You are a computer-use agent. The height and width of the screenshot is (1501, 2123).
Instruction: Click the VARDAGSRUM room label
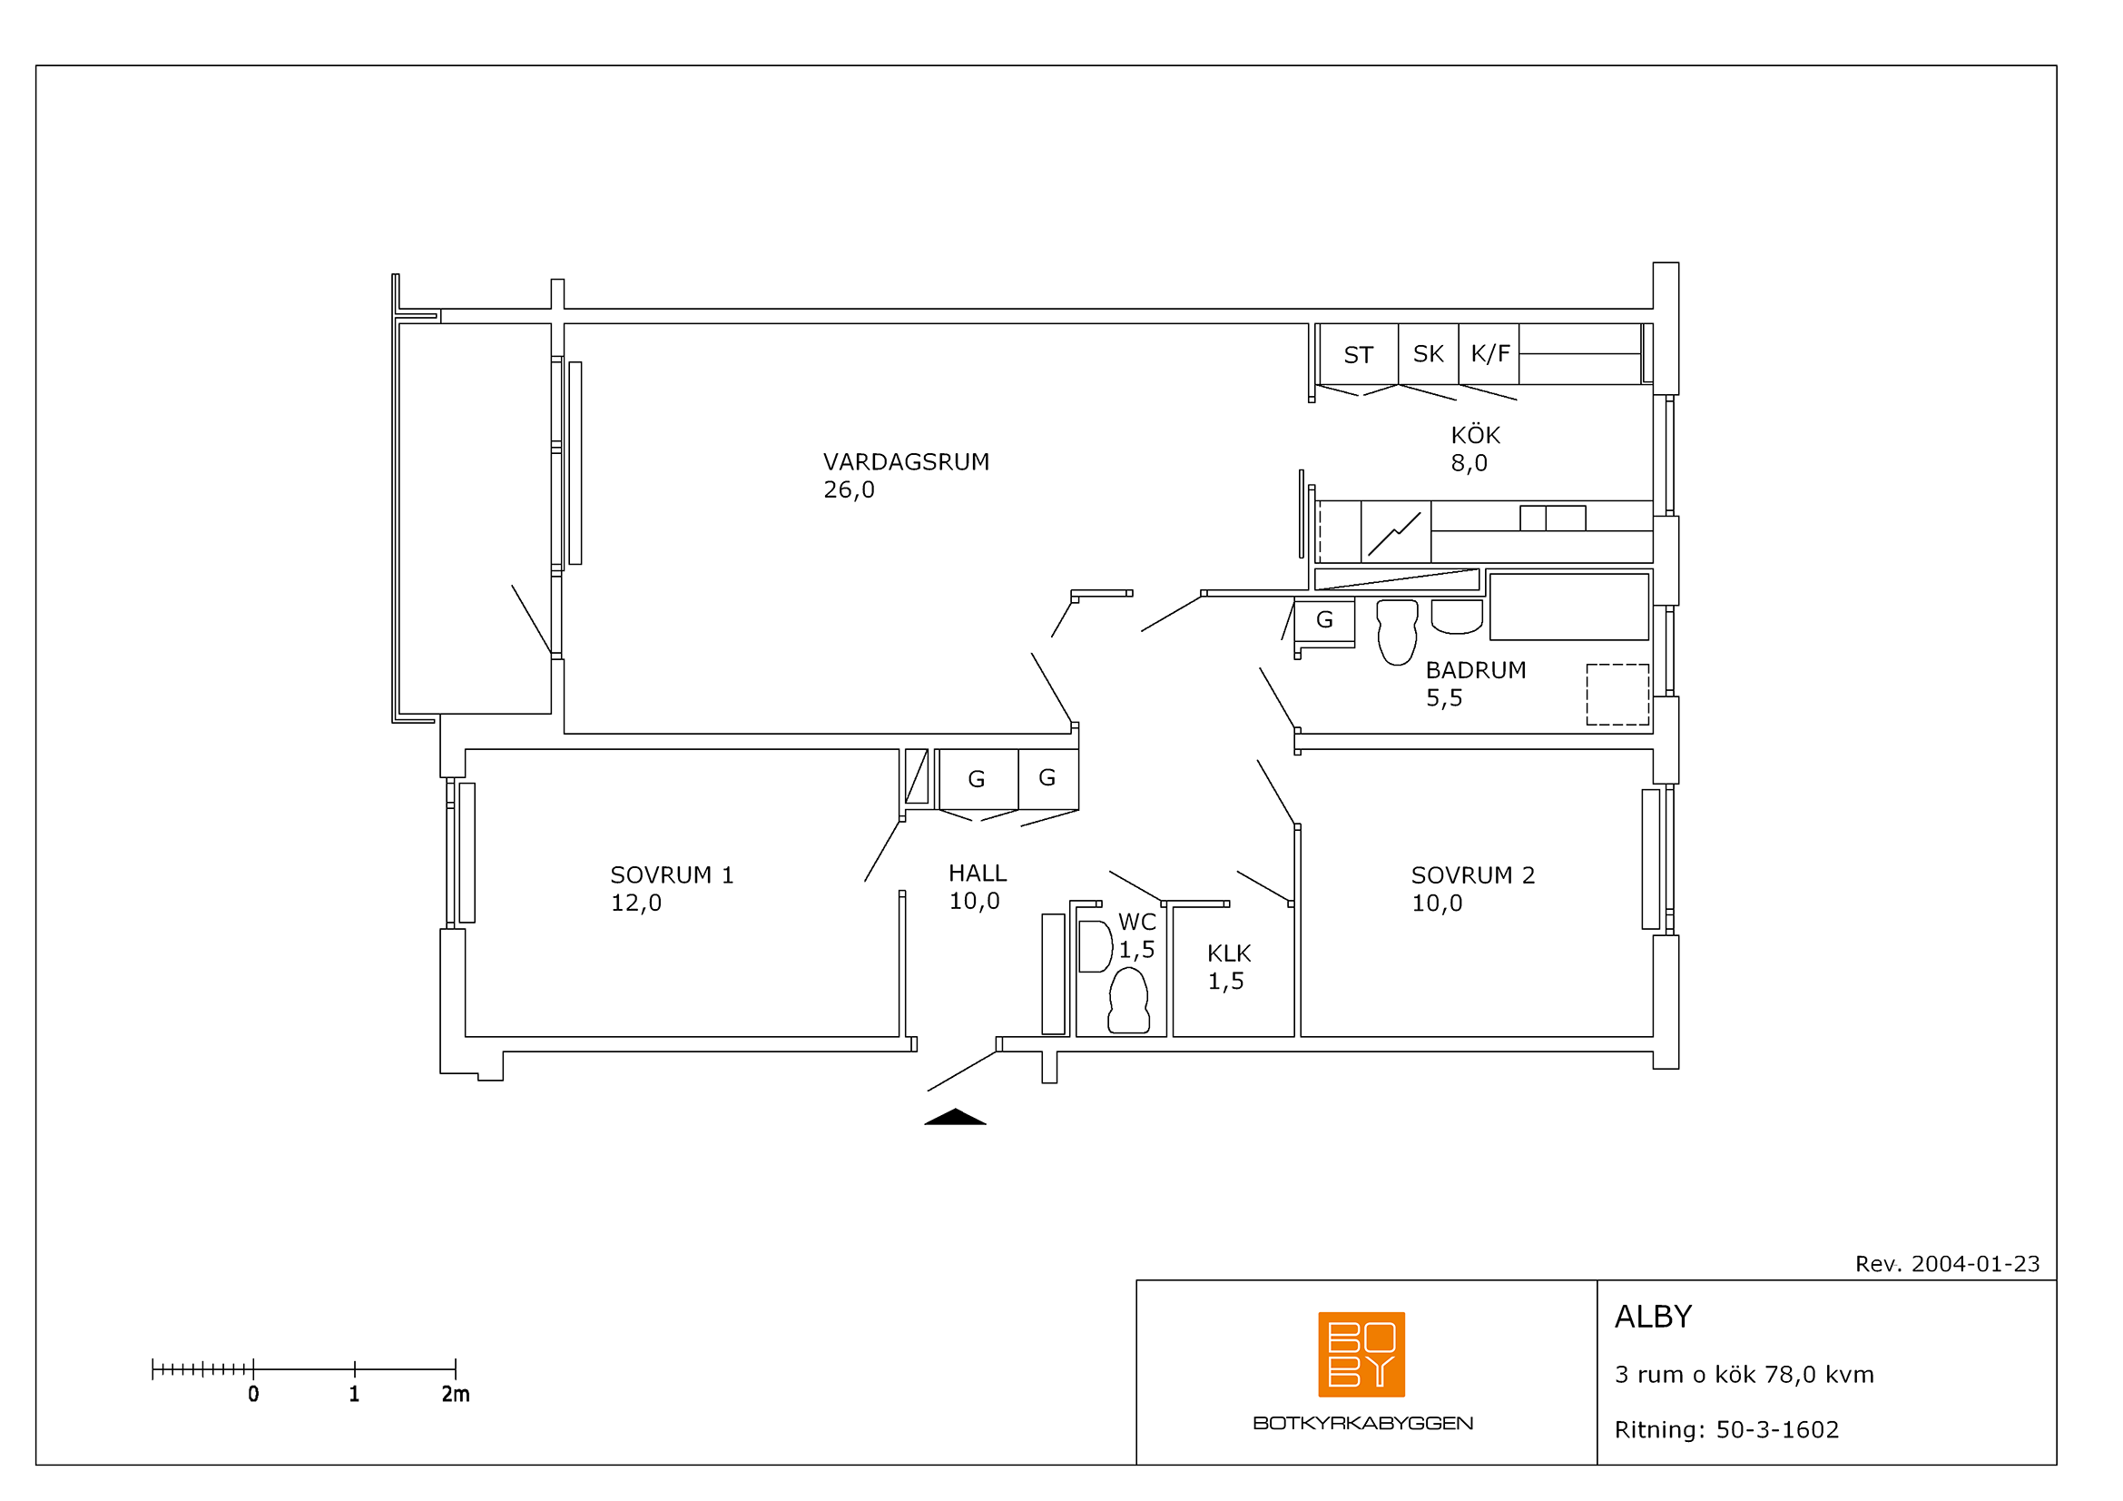click(905, 461)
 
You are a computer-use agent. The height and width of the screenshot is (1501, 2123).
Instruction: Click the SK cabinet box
click(1429, 354)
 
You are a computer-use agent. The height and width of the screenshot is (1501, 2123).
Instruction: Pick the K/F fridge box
click(1489, 354)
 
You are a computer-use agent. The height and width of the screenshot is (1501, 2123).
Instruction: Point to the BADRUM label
click(1476, 669)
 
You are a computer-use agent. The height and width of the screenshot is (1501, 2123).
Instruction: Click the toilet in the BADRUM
click(1396, 632)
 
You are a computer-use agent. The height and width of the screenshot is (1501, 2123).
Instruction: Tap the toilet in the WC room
click(1128, 1001)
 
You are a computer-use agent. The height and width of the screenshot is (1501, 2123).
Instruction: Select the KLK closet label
click(1229, 953)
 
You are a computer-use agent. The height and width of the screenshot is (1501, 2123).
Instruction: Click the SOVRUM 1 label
click(672, 874)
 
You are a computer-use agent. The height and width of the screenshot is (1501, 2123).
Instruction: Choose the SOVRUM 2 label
click(1472, 874)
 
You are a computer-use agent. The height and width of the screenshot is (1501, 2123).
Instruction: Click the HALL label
click(978, 873)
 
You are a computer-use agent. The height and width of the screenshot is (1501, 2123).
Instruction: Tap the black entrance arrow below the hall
click(955, 1117)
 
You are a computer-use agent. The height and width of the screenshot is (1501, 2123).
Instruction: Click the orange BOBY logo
click(1361, 1355)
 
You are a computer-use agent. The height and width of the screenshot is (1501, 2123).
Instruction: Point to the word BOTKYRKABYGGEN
click(1363, 1423)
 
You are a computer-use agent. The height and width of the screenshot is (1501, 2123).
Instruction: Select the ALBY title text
click(1653, 1317)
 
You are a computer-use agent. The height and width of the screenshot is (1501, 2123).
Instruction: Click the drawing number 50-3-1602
click(1777, 1430)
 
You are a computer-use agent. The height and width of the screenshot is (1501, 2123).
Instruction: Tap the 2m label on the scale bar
click(455, 1395)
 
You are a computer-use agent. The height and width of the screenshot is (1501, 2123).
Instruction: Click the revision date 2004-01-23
click(1975, 1264)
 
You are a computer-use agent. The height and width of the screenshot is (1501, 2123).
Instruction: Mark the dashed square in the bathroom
click(1617, 695)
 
